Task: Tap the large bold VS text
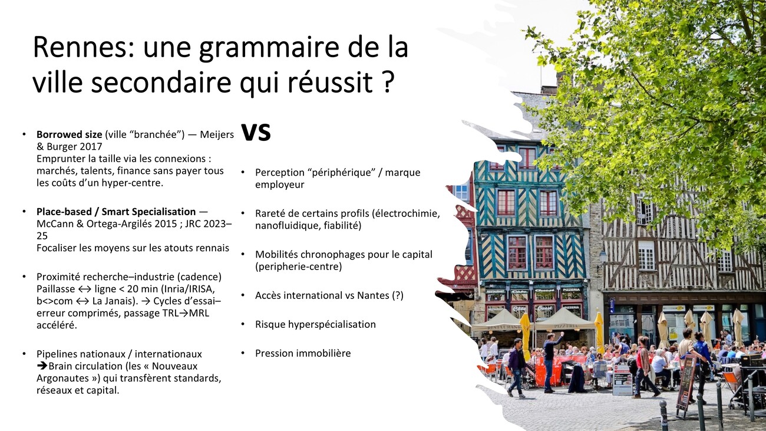pyautogui.click(x=256, y=132)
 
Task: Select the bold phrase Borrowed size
pyautogui.click(x=69, y=134)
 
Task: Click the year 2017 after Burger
pyautogui.click(x=91, y=146)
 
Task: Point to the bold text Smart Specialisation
pyautogui.click(x=148, y=212)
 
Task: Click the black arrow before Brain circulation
pyautogui.click(x=42, y=366)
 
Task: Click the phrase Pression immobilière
pyautogui.click(x=303, y=353)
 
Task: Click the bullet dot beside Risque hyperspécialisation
pyautogui.click(x=243, y=324)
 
